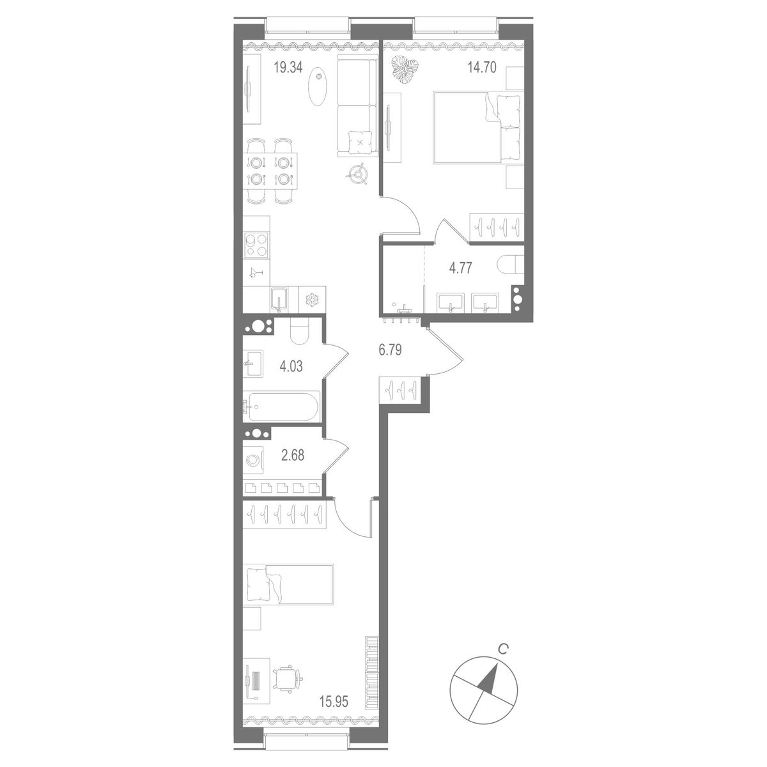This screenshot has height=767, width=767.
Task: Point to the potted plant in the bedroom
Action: click(x=404, y=69)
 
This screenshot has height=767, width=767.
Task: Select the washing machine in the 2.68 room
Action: click(x=254, y=459)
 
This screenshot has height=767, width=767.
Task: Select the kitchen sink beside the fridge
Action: click(x=279, y=299)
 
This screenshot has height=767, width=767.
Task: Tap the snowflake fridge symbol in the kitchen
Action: click(x=313, y=299)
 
